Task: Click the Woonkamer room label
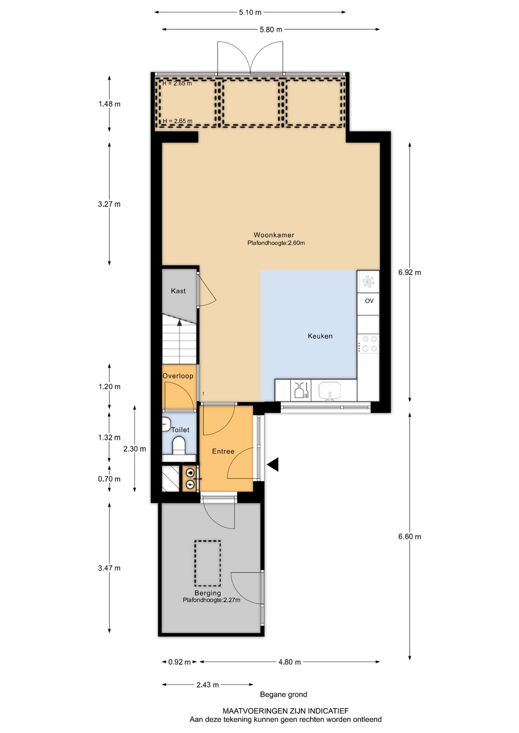(274, 234)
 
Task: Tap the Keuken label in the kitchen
(320, 336)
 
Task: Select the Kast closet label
(178, 291)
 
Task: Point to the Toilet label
(180, 429)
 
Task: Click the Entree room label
(223, 451)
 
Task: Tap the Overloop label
(178, 376)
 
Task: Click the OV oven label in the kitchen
(369, 301)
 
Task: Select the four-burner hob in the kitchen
(369, 343)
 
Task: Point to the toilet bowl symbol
(179, 446)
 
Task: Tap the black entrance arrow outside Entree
(272, 464)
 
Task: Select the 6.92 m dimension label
(409, 272)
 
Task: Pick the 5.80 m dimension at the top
(271, 29)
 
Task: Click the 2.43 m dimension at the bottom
(208, 684)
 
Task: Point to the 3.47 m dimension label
(109, 568)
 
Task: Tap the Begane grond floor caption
(284, 694)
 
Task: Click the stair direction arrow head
(179, 322)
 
